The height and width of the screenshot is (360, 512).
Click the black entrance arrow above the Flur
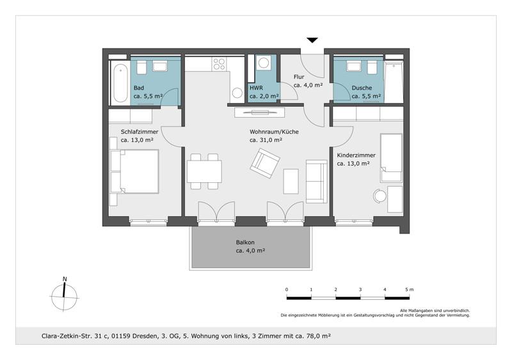pyautogui.click(x=312, y=40)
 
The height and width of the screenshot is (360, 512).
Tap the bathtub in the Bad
pyautogui.click(x=120, y=83)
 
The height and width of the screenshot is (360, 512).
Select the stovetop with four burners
pyautogui.click(x=218, y=64)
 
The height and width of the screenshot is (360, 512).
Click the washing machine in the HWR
pyautogui.click(x=263, y=63)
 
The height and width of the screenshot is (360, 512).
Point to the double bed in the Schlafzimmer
pyautogui.click(x=135, y=171)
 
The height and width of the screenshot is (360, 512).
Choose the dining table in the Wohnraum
pyautogui.click(x=204, y=171)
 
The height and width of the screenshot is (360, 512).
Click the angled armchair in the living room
pyautogui.click(x=265, y=163)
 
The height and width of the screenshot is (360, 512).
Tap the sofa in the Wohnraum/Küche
pyautogui.click(x=316, y=182)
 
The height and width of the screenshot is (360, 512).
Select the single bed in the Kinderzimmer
pyautogui.click(x=391, y=158)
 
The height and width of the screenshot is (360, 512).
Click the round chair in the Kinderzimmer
pyautogui.click(x=380, y=196)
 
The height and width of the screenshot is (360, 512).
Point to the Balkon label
pyautogui.click(x=245, y=242)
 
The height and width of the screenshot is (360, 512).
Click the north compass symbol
pyautogui.click(x=65, y=295)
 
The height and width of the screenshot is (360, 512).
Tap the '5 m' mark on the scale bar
pyautogui.click(x=410, y=290)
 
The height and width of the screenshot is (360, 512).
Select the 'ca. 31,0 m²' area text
pyautogui.click(x=266, y=140)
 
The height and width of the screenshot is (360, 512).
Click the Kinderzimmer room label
pyautogui.click(x=356, y=155)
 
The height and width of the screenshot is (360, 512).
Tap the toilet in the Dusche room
pyautogui.click(x=372, y=67)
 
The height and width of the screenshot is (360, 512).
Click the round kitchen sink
pyautogui.click(x=237, y=92)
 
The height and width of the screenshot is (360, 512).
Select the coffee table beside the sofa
pyautogui.click(x=291, y=181)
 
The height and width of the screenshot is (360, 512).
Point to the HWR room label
pyautogui.click(x=257, y=88)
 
